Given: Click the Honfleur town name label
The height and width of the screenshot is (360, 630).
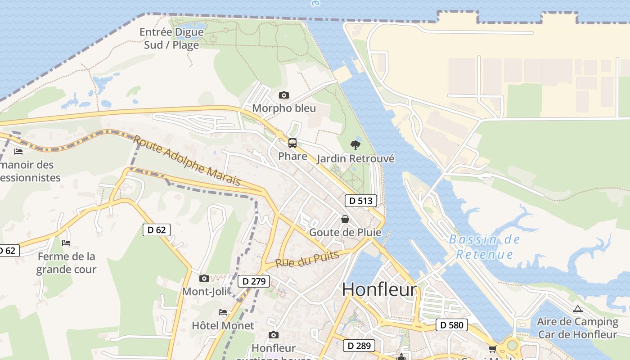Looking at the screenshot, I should [379, 289].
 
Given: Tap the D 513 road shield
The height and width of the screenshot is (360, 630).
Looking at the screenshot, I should [360, 201].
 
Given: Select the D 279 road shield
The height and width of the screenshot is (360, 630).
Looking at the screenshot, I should [253, 281].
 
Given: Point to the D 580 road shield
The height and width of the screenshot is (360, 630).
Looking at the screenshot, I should [451, 325].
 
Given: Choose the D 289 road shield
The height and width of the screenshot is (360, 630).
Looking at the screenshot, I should [359, 346].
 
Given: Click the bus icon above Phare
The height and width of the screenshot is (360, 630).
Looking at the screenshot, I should [292, 143].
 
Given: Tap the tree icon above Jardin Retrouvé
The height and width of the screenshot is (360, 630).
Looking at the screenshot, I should [355, 145].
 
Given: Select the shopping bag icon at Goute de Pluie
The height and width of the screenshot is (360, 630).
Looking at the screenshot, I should [345, 219].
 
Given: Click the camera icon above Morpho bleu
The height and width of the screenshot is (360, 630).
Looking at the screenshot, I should [283, 95].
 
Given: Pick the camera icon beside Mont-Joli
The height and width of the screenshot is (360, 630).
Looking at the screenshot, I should [204, 278].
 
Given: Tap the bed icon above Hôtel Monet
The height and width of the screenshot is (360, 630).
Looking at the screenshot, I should [223, 312].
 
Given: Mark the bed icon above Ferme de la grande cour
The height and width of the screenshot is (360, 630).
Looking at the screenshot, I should [66, 243].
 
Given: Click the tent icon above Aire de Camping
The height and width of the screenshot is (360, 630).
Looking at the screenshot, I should [578, 309].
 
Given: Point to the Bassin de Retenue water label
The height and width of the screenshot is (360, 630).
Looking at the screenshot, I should [485, 247].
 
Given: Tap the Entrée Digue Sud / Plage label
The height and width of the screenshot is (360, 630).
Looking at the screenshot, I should [171, 39].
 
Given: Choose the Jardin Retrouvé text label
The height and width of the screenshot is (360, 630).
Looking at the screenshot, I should [355, 158].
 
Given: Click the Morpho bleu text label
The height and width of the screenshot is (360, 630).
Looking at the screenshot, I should [284, 108].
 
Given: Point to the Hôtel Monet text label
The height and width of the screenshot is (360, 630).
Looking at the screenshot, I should [223, 325].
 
